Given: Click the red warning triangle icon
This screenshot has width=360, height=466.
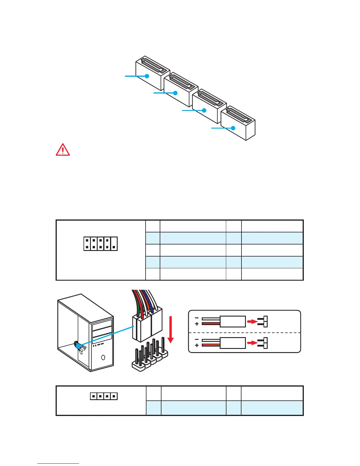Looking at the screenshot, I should click(63, 150).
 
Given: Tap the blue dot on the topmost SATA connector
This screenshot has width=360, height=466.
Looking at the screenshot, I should click(147, 76).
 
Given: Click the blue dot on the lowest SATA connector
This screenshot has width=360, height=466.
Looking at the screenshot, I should click(233, 128).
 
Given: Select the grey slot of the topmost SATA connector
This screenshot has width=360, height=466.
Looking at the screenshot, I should click(153, 65).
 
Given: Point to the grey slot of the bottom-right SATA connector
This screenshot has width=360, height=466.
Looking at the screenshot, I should click(238, 115).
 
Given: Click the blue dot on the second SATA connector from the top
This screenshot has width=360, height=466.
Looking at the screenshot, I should click(175, 93).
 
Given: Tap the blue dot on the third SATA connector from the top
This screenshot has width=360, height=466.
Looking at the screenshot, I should click(204, 110).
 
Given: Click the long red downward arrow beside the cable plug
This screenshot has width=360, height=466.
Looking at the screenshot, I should click(170, 329).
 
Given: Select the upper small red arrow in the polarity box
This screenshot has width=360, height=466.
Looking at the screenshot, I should click(252, 322).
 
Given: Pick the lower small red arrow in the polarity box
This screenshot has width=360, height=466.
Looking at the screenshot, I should click(252, 343).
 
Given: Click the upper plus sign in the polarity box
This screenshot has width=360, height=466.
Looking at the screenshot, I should click(197, 324).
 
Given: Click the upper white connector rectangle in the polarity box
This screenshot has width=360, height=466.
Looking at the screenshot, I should click(233, 322).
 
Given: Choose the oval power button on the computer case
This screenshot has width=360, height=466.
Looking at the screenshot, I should click(103, 357).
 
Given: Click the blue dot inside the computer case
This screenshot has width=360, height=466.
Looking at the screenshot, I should click(78, 346).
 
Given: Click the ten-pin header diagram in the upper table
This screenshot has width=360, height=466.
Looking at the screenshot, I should click(100, 244).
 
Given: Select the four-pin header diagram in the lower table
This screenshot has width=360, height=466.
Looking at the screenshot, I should click(104, 396).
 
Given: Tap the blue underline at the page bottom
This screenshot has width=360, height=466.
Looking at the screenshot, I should click(58, 463).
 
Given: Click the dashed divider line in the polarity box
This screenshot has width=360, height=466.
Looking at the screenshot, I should click(244, 332).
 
